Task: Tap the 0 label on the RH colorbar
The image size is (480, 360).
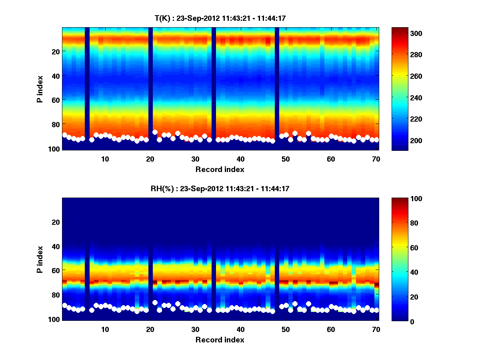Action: click(399, 321)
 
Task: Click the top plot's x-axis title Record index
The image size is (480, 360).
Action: click(220, 169)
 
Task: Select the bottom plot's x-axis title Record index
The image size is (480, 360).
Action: click(220, 340)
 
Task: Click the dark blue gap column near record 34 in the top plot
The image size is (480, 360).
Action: click(214, 88)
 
